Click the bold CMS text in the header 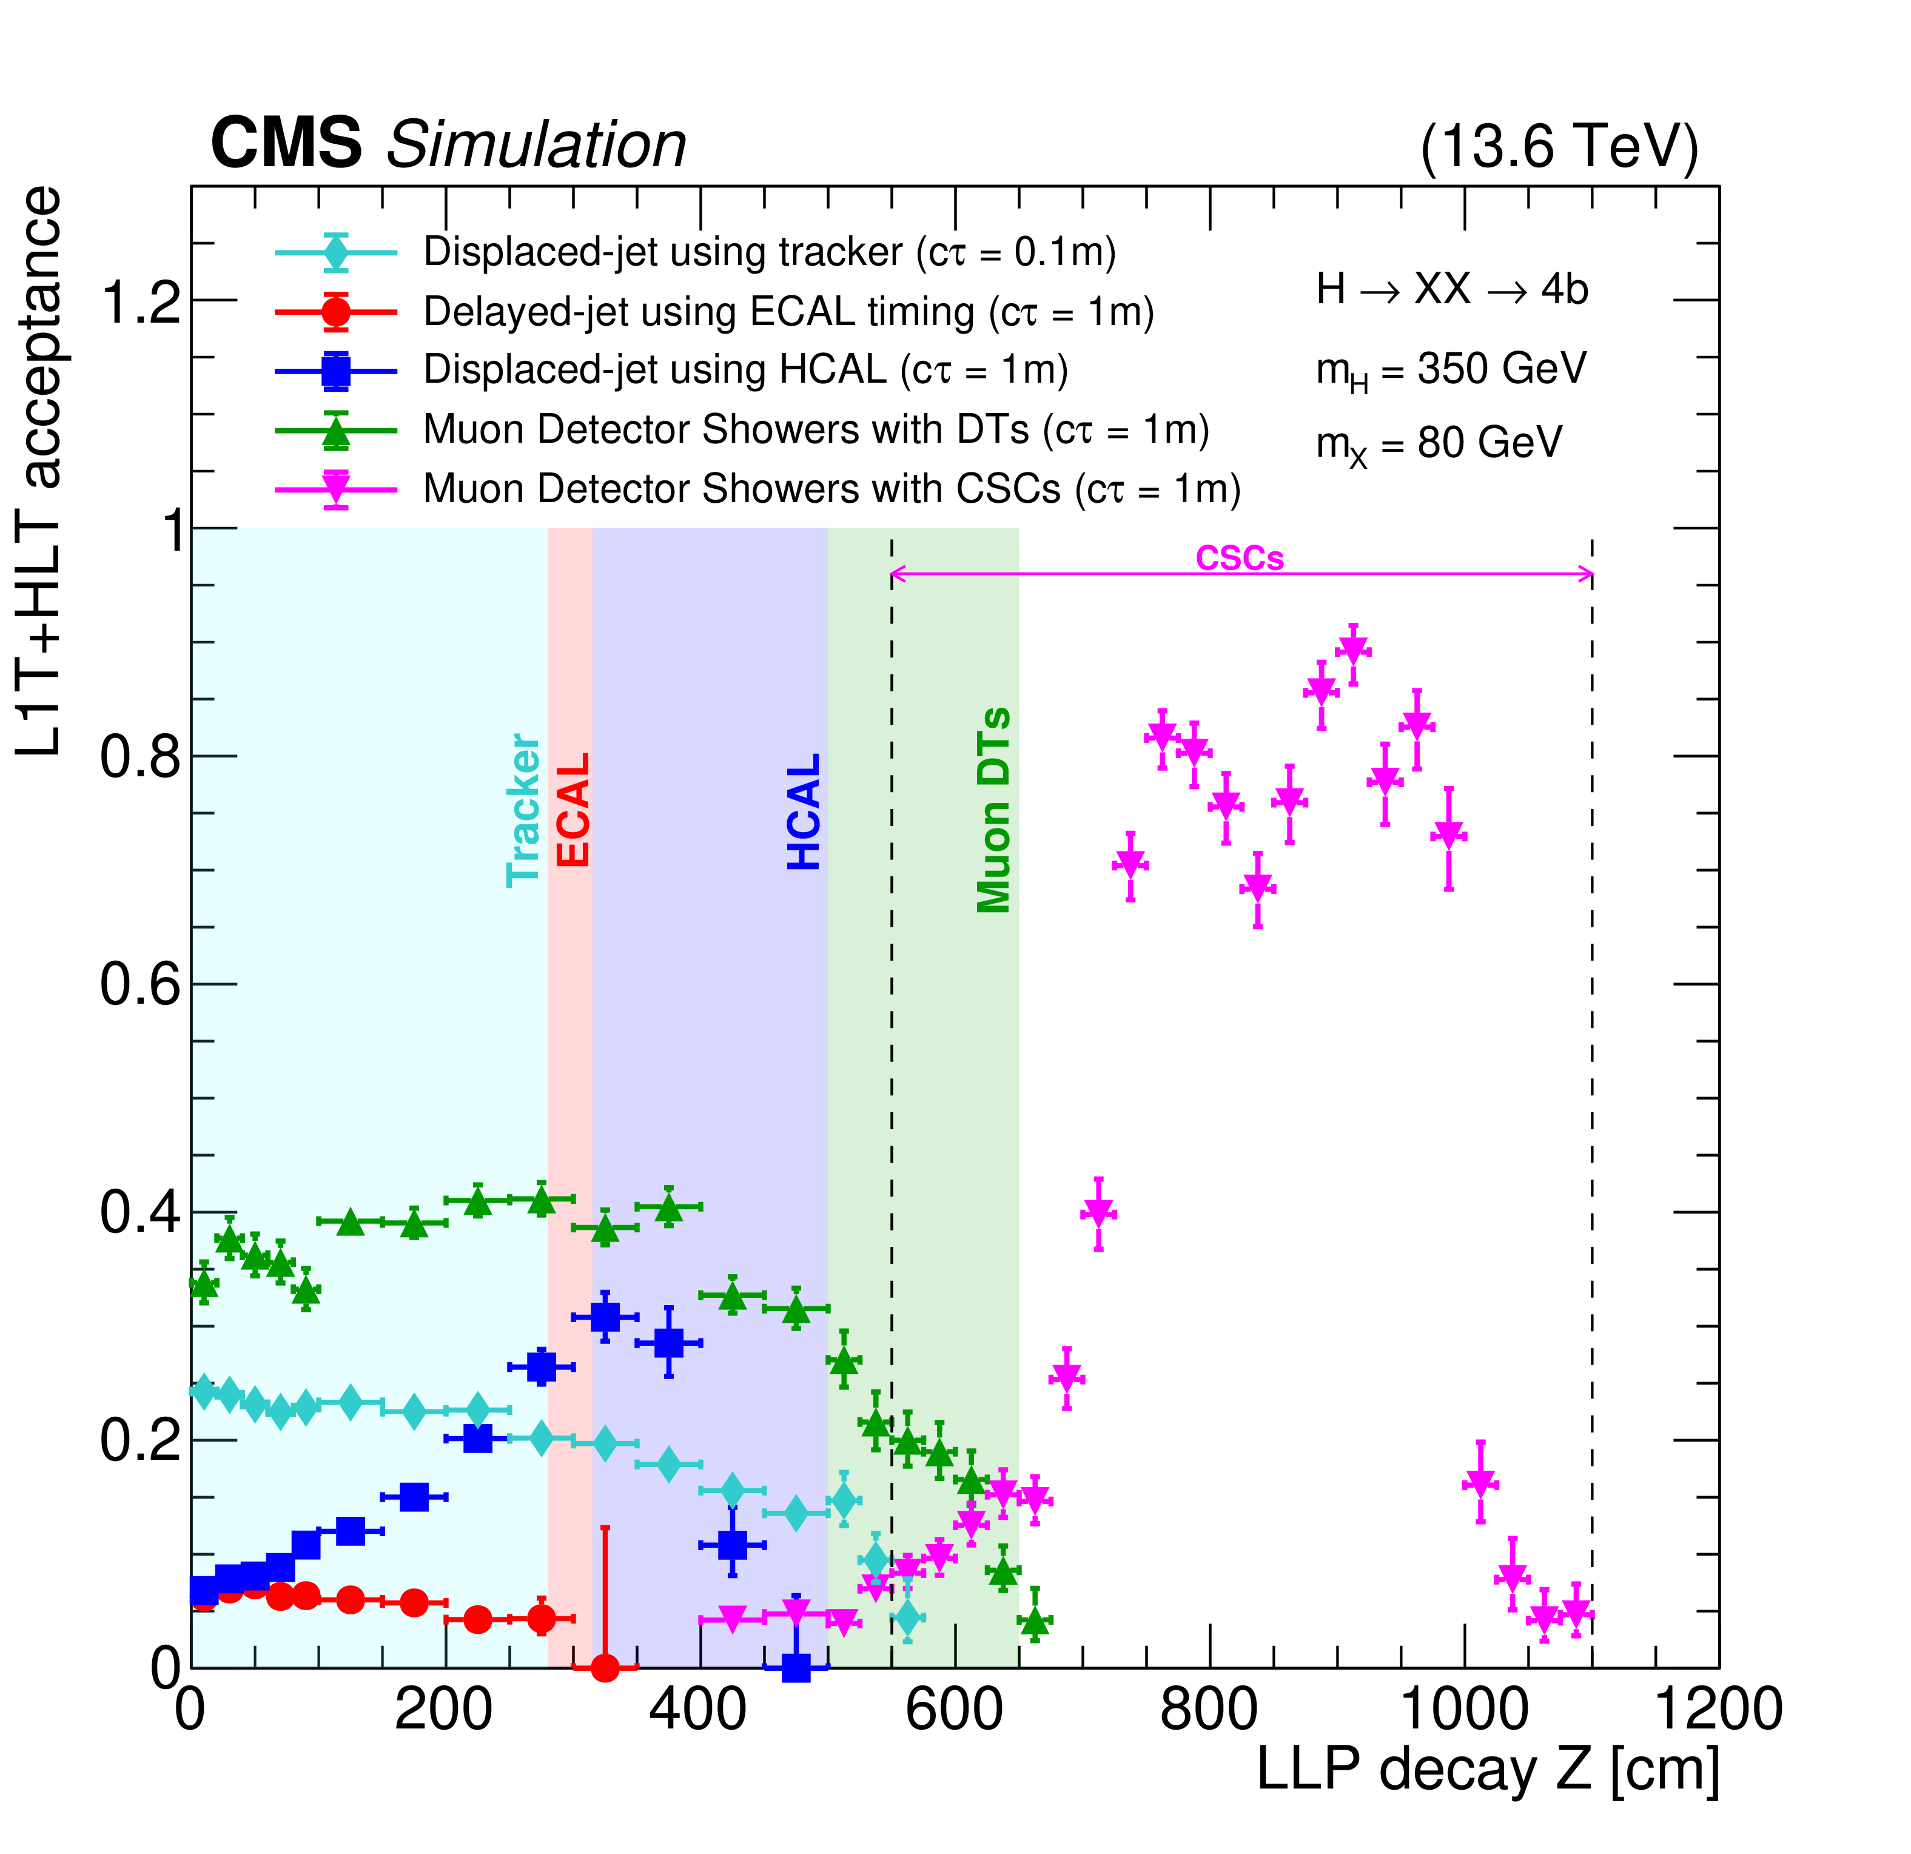pos(286,143)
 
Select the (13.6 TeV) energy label pos(1558,147)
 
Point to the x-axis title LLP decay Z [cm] pos(1488,1769)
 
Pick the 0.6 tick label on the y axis pos(141,984)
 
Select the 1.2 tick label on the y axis pos(141,300)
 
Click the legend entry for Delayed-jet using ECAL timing pos(788,312)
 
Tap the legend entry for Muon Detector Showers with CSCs pos(831,489)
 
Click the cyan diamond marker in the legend pos(337,252)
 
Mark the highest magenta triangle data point pos(1353,648)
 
